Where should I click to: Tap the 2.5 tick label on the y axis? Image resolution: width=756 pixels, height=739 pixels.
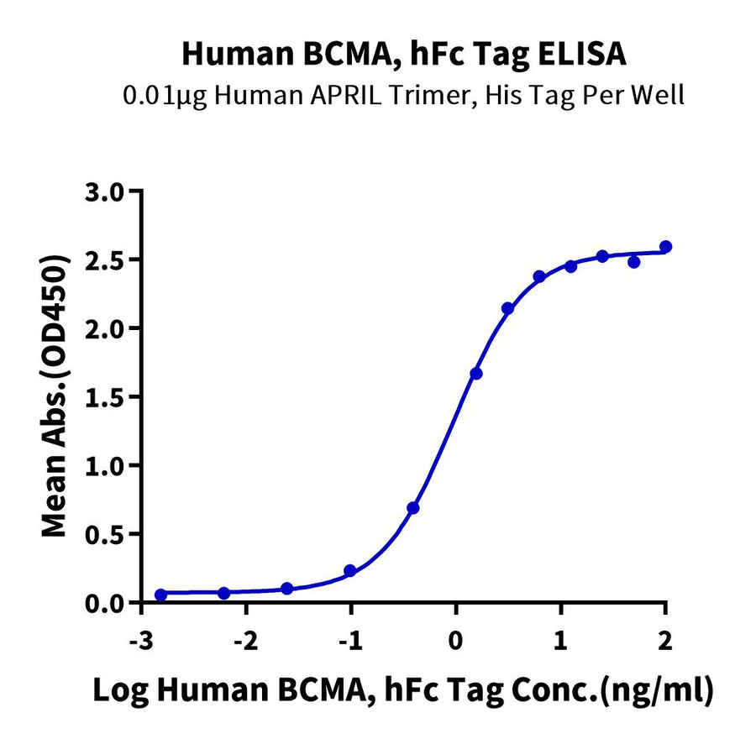pyautogui.click(x=108, y=259)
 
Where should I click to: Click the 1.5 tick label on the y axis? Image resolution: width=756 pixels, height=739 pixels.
pyautogui.click(x=108, y=396)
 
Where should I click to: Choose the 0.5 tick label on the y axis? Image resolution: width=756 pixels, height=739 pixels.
pyautogui.click(x=108, y=534)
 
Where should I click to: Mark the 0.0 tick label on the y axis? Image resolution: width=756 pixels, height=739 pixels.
pyautogui.click(x=108, y=603)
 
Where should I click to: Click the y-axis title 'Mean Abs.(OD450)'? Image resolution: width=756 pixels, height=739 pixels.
pyautogui.click(x=56, y=396)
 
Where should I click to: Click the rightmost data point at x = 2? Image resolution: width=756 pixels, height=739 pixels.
pyautogui.click(x=665, y=247)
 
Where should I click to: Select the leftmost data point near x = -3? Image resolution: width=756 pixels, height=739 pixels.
pyautogui.click(x=160, y=595)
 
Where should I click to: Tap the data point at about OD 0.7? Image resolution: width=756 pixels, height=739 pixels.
pyautogui.click(x=413, y=508)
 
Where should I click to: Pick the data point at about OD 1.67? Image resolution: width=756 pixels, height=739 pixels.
pyautogui.click(x=476, y=374)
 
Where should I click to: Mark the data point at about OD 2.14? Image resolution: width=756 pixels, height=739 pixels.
pyautogui.click(x=507, y=309)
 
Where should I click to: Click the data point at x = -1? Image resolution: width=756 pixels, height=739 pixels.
pyautogui.click(x=350, y=571)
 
